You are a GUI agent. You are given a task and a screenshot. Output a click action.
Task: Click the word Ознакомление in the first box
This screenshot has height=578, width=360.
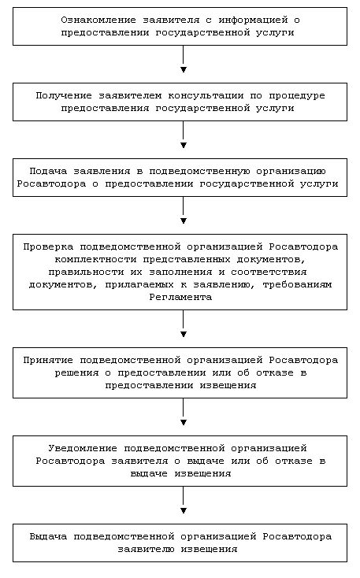[x=98, y=20]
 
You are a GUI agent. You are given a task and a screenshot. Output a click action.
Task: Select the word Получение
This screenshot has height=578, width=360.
[x=64, y=96]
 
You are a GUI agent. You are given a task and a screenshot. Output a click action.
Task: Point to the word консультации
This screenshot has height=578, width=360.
[x=206, y=96]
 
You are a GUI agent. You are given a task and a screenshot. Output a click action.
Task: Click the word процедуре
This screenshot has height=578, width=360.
[x=297, y=96]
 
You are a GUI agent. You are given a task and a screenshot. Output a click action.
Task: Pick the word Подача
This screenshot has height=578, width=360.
[x=48, y=171]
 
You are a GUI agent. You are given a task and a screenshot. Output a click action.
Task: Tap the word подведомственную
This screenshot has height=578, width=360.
[x=199, y=172]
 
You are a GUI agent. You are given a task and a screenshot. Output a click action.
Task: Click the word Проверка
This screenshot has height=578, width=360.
[x=48, y=246]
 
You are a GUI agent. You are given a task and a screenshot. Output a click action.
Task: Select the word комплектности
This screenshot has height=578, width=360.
[x=95, y=260]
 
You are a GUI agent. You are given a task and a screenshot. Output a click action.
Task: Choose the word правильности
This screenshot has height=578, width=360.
[x=86, y=272]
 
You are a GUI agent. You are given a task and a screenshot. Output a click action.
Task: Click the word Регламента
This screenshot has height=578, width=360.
[x=180, y=297]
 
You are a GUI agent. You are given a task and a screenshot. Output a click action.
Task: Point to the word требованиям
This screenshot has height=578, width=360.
[x=297, y=284]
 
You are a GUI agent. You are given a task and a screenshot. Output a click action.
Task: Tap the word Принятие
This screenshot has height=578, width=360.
[x=48, y=360]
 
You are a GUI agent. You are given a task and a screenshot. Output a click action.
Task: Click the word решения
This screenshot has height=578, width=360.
[x=76, y=372]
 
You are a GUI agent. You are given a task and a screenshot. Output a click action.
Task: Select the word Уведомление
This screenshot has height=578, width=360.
[x=83, y=449]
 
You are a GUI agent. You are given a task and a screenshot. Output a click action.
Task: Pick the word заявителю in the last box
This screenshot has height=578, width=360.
[x=146, y=549]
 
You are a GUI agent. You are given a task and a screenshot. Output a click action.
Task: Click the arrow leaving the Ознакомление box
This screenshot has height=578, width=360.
[x=184, y=59]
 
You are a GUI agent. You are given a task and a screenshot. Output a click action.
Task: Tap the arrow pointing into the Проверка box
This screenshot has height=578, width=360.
[x=184, y=210]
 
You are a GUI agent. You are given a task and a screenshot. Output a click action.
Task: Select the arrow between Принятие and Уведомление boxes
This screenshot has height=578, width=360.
[x=184, y=412]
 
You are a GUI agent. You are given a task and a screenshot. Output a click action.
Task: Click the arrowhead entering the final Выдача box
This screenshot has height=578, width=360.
[x=184, y=511]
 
